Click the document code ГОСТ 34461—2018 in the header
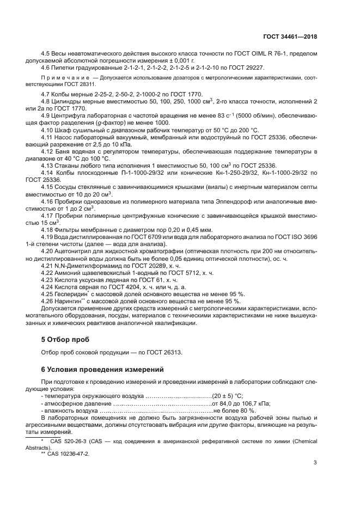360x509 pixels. [x=290, y=36]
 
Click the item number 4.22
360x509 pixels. [x=47, y=272]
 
